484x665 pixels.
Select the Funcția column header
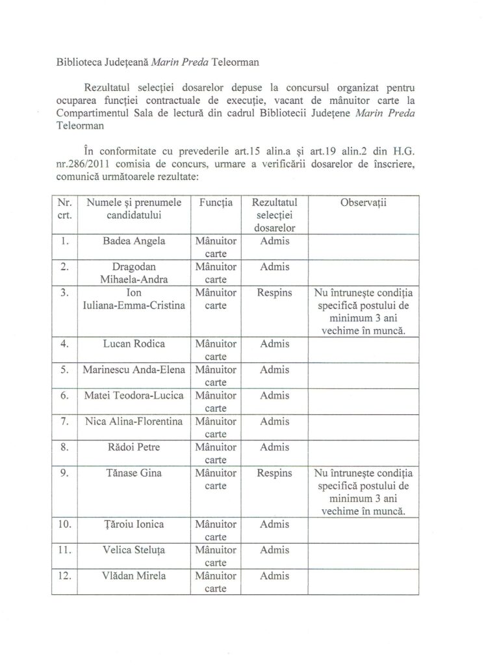pos(214,203)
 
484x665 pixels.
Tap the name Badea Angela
pos(134,241)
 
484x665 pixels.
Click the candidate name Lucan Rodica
pos(134,344)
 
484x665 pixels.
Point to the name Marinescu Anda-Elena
pos(134,369)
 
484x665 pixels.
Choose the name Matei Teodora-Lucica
pos(134,395)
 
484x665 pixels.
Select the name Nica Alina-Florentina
pos(134,421)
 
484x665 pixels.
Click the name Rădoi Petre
pos(134,447)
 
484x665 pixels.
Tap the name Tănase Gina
pos(134,473)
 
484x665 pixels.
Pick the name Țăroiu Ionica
pos(134,524)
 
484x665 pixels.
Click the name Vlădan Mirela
pos(134,575)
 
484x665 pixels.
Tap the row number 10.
pos(64,524)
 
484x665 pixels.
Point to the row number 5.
pos(64,369)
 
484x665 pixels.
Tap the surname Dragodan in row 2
pos(134,267)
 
